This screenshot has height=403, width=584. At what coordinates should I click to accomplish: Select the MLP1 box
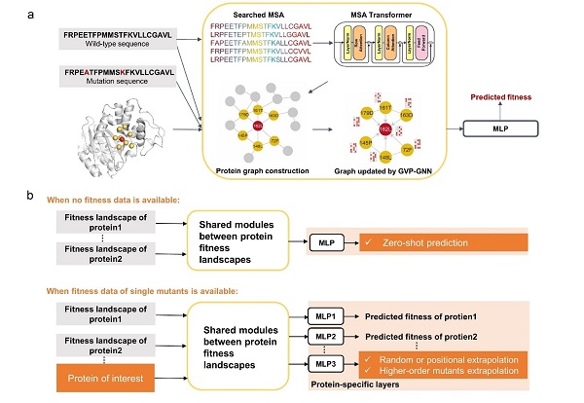pos(324,317)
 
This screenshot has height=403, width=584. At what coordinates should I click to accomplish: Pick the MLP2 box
pos(324,336)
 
